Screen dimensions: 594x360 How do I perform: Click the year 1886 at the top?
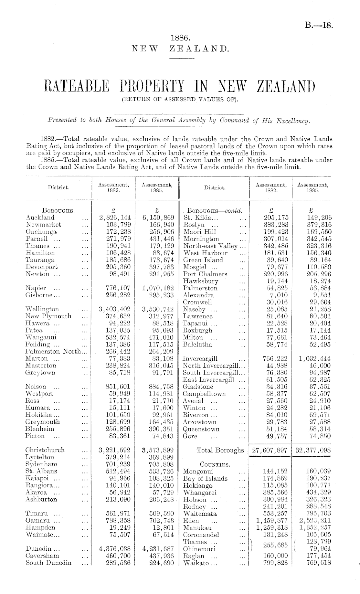pyautogui.click(x=180, y=38)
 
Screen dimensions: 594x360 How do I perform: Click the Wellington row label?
pyautogui.click(x=42, y=309)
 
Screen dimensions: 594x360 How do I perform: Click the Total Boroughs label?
pyautogui.click(x=220, y=450)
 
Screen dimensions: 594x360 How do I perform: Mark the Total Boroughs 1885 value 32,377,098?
pyautogui.click(x=312, y=450)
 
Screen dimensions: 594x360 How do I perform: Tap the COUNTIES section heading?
pyautogui.click(x=215, y=465)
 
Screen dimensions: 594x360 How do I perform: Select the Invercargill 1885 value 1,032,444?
pyautogui.click(x=312, y=358)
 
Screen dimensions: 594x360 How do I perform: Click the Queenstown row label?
pyautogui.click(x=201, y=429)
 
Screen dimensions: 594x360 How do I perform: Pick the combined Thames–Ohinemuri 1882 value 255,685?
pyautogui.click(x=275, y=545)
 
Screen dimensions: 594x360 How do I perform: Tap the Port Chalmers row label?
pyautogui.click(x=205, y=274)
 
